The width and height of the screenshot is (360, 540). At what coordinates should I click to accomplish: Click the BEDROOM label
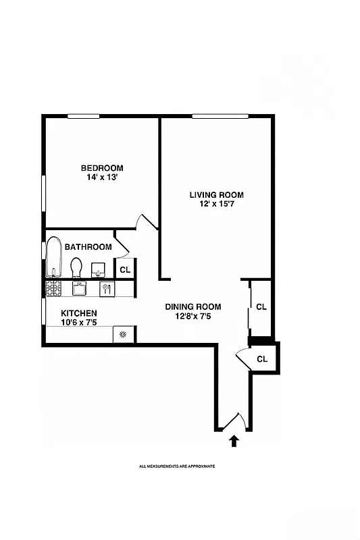coord(102,168)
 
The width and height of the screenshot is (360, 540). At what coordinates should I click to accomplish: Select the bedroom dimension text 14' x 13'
coord(102,178)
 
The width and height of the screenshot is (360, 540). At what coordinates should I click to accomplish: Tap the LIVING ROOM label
coord(216,195)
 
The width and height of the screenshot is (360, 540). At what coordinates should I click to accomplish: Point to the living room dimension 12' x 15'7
coord(216,205)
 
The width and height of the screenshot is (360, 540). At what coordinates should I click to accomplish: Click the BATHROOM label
coord(88,247)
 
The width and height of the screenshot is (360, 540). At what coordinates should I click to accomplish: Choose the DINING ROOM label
coord(193,306)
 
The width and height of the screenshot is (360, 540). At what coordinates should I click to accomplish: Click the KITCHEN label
coord(79,313)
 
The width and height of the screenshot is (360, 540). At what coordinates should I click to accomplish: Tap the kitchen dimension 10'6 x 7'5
coord(79,323)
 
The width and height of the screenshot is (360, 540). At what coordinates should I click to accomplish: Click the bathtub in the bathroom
coord(53,259)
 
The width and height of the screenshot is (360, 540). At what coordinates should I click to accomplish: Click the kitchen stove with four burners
coord(53,289)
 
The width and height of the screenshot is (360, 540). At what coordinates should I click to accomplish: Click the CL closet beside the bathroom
coord(124,269)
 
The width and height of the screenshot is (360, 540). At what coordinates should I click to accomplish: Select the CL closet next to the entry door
coord(263,359)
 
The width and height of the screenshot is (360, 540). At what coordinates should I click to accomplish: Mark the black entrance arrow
coord(234,441)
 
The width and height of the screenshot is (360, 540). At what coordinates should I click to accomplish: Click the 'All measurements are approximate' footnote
coord(177,466)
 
